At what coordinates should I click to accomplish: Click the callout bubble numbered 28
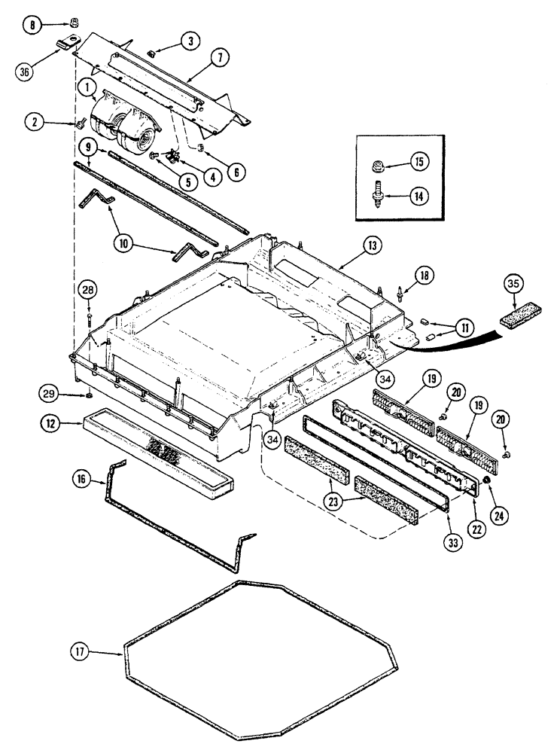coord(89,288)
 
